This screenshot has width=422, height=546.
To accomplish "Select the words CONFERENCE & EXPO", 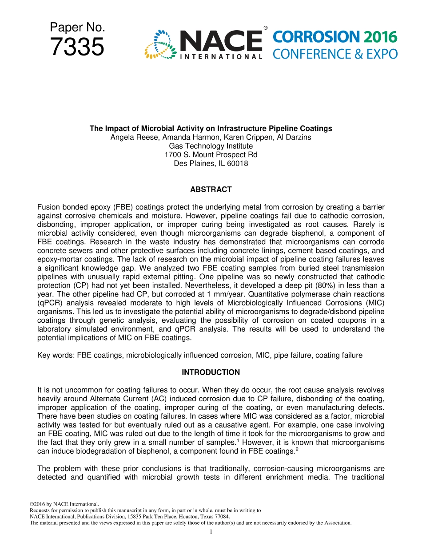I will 335,54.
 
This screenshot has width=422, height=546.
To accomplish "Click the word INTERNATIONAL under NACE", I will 221,56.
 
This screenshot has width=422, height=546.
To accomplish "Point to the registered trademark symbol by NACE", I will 265,28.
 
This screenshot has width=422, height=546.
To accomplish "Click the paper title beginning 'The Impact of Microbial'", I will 211,128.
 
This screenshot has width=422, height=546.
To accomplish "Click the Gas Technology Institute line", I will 211,146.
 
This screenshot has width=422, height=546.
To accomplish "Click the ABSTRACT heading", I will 211,190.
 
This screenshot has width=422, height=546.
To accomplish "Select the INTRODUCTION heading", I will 211,372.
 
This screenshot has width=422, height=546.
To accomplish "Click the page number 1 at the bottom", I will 211,532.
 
